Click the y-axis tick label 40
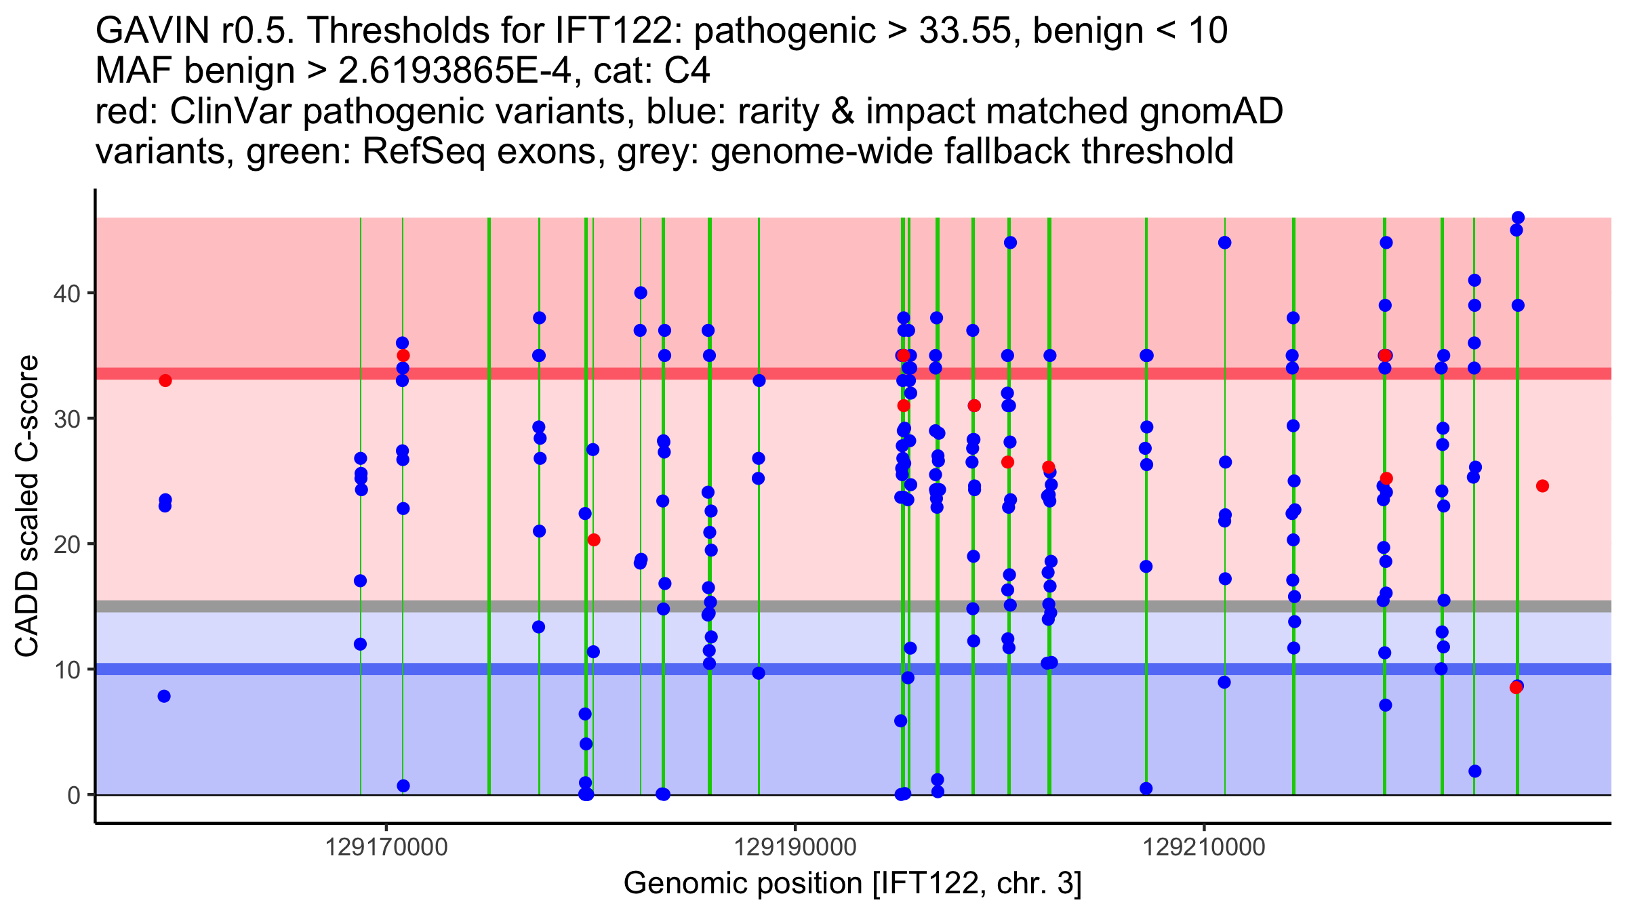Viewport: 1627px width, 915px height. tap(66, 294)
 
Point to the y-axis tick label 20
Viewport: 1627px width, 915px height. tap(66, 544)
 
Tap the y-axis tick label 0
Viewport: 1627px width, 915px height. tap(73, 795)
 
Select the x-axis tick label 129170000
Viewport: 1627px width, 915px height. tap(386, 847)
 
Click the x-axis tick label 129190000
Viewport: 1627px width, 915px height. tap(795, 847)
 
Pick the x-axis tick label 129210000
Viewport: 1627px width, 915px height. tap(1204, 847)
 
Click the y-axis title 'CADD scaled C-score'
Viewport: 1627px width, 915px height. tap(27, 506)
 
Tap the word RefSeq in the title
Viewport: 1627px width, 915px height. tap(424, 151)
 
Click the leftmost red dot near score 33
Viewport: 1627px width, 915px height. tap(165, 380)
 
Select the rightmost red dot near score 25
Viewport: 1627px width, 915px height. tap(1542, 486)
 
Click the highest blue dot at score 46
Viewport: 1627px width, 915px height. tap(1518, 218)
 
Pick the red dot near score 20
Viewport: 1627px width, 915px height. tap(594, 540)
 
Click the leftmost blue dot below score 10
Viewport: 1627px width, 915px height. tap(164, 696)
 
